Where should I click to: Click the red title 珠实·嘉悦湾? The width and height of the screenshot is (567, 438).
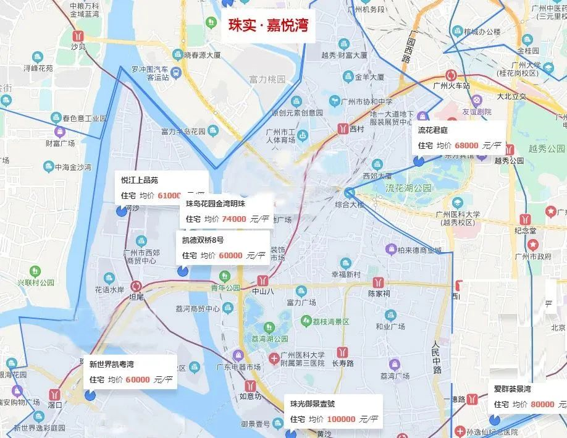click(268, 27)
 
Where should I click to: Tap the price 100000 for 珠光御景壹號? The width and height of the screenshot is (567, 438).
click(341, 419)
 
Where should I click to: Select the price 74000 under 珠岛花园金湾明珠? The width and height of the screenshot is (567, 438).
click(235, 218)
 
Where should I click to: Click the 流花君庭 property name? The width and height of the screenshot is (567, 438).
click(432, 131)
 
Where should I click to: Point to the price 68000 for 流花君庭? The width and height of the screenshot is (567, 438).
click(466, 146)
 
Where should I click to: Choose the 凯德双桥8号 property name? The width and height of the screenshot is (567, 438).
click(203, 240)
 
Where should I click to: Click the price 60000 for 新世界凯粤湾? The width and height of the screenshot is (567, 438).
click(138, 379)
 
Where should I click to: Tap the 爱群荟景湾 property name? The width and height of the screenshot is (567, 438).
click(512, 389)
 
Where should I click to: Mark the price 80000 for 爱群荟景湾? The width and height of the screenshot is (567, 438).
click(542, 404)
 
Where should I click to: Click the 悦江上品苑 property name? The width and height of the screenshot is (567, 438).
click(140, 180)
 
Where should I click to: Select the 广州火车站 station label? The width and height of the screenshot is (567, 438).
click(451, 86)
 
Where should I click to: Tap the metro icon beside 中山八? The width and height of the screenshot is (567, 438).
click(263, 279)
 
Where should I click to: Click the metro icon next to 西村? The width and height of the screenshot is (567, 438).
click(342, 129)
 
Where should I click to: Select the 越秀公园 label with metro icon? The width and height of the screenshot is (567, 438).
click(508, 161)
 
